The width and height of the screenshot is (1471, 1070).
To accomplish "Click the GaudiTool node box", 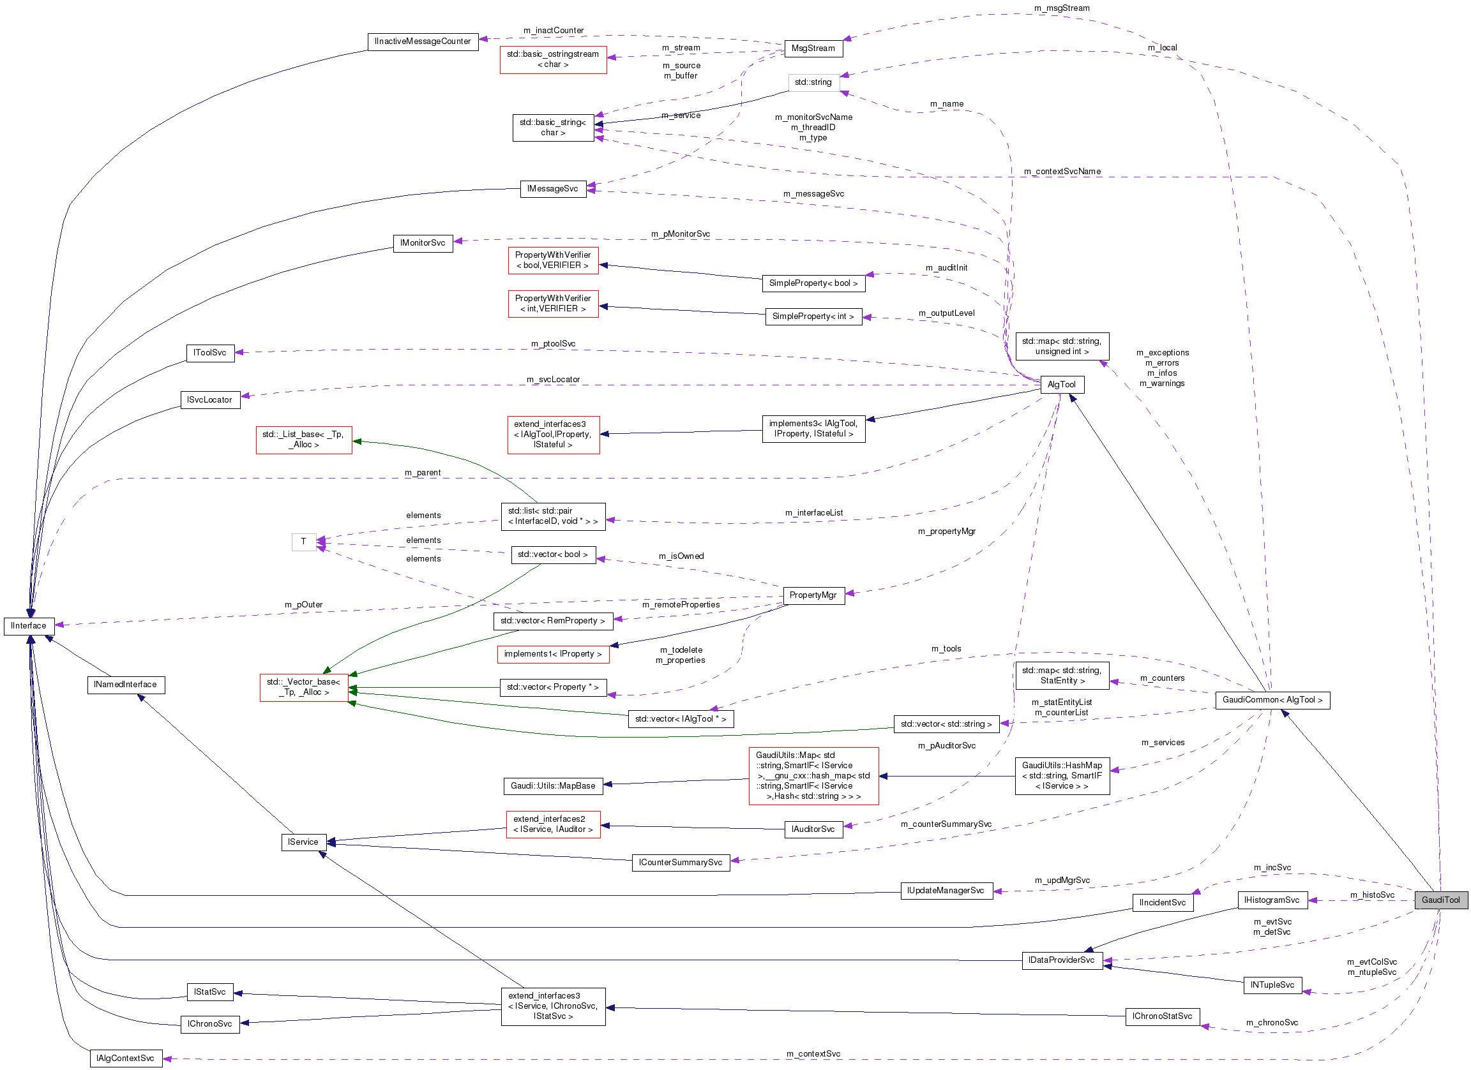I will (x=1440, y=900).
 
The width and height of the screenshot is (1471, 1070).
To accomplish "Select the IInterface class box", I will (x=29, y=625).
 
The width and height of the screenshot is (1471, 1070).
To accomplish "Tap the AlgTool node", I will (x=1061, y=384).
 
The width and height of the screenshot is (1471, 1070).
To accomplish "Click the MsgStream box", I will (x=813, y=48).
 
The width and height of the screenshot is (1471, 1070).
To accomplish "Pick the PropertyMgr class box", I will (x=813, y=595).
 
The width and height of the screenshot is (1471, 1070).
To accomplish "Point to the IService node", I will (x=303, y=842).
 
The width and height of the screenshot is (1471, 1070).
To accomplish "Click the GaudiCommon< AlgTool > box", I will (x=1272, y=700).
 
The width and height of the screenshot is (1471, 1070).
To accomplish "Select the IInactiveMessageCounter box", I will (x=422, y=41).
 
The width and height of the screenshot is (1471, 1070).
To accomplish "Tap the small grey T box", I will (x=303, y=542).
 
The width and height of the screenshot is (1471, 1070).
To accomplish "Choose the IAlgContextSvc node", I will (x=125, y=1059).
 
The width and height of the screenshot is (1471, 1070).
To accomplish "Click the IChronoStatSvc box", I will (x=1161, y=1016).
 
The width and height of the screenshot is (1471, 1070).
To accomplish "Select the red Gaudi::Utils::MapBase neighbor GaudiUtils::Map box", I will (x=813, y=776).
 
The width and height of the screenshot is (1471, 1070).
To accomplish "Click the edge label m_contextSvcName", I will (x=1062, y=172).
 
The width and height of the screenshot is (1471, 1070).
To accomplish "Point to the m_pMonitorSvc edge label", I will (x=681, y=234).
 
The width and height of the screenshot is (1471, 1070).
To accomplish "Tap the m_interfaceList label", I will (x=813, y=512).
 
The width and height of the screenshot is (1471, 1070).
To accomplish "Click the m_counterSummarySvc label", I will (x=946, y=824).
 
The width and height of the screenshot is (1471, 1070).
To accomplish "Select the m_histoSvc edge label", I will (x=1372, y=895).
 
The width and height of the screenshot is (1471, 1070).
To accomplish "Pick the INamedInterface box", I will (x=125, y=685).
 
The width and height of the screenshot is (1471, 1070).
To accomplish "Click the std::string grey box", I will (x=813, y=82).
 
